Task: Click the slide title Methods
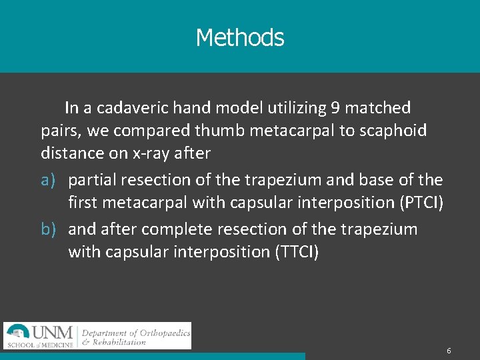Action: (x=240, y=37)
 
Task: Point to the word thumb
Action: (x=223, y=130)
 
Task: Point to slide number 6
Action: (x=449, y=351)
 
